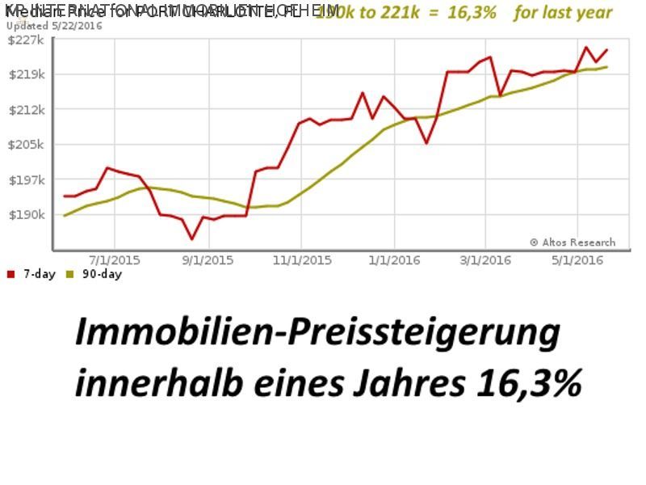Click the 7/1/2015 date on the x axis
[x=114, y=260]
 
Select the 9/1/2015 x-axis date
[x=208, y=260]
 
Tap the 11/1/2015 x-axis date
[x=301, y=260]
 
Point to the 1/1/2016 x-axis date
[x=394, y=260]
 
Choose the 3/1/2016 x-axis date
[x=486, y=260]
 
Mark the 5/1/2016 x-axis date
[x=578, y=260]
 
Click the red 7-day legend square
[x=10, y=274]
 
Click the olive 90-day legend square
[x=70, y=274]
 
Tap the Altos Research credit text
[x=573, y=242]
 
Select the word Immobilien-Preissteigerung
[x=317, y=333]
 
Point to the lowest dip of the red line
[x=191, y=238]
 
